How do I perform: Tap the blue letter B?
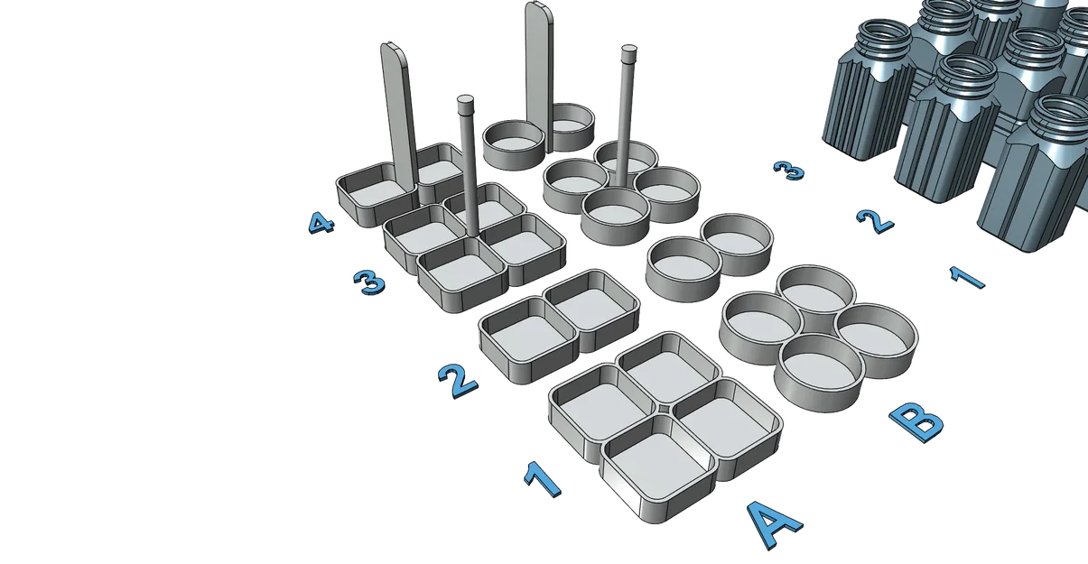point(917,421)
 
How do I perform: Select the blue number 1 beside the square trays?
point(543,480)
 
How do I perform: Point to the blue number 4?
point(321,223)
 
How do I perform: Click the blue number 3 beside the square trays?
point(369,282)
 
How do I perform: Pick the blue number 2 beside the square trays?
point(458,381)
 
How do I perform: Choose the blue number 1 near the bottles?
point(967,278)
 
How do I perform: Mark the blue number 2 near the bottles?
point(875,221)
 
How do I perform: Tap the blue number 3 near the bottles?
point(788,171)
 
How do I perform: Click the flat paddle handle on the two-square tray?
point(399,116)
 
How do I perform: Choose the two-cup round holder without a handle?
point(709,257)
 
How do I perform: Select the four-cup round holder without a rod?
point(818,338)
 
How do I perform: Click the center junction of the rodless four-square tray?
point(664,409)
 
